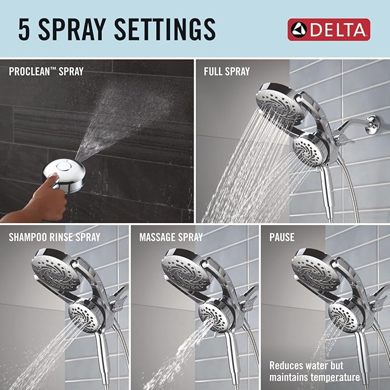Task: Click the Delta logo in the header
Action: pyautogui.click(x=329, y=29)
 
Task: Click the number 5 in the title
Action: pyautogui.click(x=24, y=29)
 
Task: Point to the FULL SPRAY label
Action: pyautogui.click(x=227, y=72)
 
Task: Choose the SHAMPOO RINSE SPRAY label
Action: pyautogui.click(x=55, y=237)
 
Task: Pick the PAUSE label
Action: pyautogui.click(x=282, y=237)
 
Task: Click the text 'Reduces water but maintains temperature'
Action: pyautogui.click(x=315, y=370)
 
